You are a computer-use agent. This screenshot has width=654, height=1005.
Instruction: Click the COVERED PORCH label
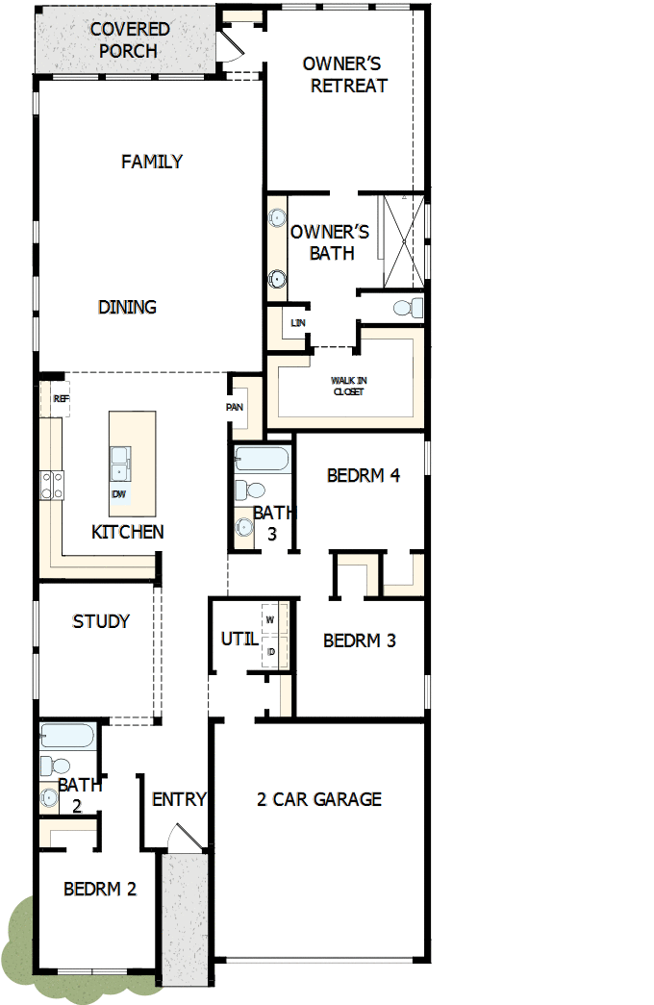129,39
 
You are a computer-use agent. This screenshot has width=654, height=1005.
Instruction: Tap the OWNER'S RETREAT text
343,75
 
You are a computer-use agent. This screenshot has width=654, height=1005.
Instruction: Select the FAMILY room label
152,162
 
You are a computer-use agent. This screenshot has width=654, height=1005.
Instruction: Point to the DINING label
127,308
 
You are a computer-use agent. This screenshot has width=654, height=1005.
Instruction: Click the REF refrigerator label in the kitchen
61,398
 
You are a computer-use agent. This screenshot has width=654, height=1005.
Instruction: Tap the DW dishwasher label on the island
119,494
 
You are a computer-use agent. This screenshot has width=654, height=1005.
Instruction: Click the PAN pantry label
235,407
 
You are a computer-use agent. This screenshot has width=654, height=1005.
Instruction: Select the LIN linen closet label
297,323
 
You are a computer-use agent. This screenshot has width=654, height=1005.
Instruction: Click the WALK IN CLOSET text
349,386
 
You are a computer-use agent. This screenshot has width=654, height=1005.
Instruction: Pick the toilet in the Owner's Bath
409,308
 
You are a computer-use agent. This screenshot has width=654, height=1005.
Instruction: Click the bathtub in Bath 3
262,459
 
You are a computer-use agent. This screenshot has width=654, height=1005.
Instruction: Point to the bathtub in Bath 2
67,737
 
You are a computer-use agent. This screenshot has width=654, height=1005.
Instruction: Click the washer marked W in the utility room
270,619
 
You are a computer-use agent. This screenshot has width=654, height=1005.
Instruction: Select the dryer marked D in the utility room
271,651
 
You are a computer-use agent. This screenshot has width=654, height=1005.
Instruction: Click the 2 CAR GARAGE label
319,799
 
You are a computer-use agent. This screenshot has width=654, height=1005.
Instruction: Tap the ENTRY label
179,799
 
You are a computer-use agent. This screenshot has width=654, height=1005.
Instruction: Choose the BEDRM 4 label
363,475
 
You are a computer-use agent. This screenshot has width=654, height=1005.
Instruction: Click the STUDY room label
101,622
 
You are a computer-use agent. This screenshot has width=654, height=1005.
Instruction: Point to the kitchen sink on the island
121,463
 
